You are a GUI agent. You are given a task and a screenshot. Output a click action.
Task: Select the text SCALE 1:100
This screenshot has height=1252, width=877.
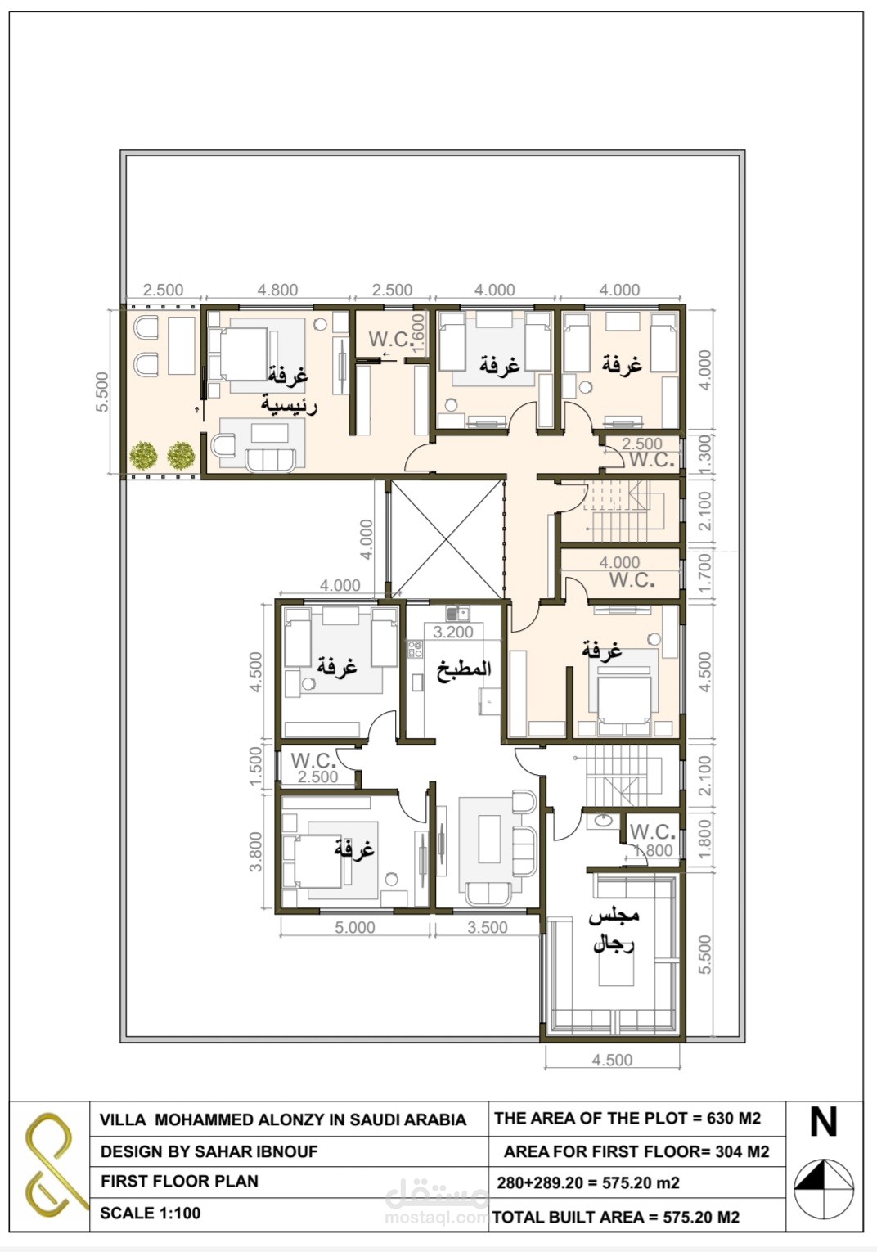coord(150,1213)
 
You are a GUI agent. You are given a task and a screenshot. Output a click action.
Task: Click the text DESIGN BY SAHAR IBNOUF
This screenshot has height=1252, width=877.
coord(209,1151)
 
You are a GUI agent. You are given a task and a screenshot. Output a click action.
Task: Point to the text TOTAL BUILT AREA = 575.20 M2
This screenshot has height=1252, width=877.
coord(615,1217)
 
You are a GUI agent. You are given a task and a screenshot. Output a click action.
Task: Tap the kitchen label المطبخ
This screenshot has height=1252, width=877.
coord(464,669)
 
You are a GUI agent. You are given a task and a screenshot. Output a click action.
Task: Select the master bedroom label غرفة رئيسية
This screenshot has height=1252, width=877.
coord(289,390)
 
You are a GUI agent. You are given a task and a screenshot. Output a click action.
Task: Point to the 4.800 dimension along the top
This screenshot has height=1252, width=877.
coord(277,290)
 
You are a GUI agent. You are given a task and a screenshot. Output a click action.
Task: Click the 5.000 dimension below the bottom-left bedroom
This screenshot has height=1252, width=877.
coord(354,927)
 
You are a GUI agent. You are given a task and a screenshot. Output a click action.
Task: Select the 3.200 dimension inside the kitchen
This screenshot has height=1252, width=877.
coord(452,632)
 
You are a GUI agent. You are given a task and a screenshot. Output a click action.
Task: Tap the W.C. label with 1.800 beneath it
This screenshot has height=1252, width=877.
coord(652,831)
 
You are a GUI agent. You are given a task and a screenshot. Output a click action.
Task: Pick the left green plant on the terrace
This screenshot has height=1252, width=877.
coord(143,456)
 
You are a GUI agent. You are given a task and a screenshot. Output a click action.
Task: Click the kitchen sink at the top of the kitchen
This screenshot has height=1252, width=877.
coord(457,613)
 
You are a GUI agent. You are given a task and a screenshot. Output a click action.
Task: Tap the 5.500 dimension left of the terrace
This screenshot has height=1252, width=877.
coord(101,391)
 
